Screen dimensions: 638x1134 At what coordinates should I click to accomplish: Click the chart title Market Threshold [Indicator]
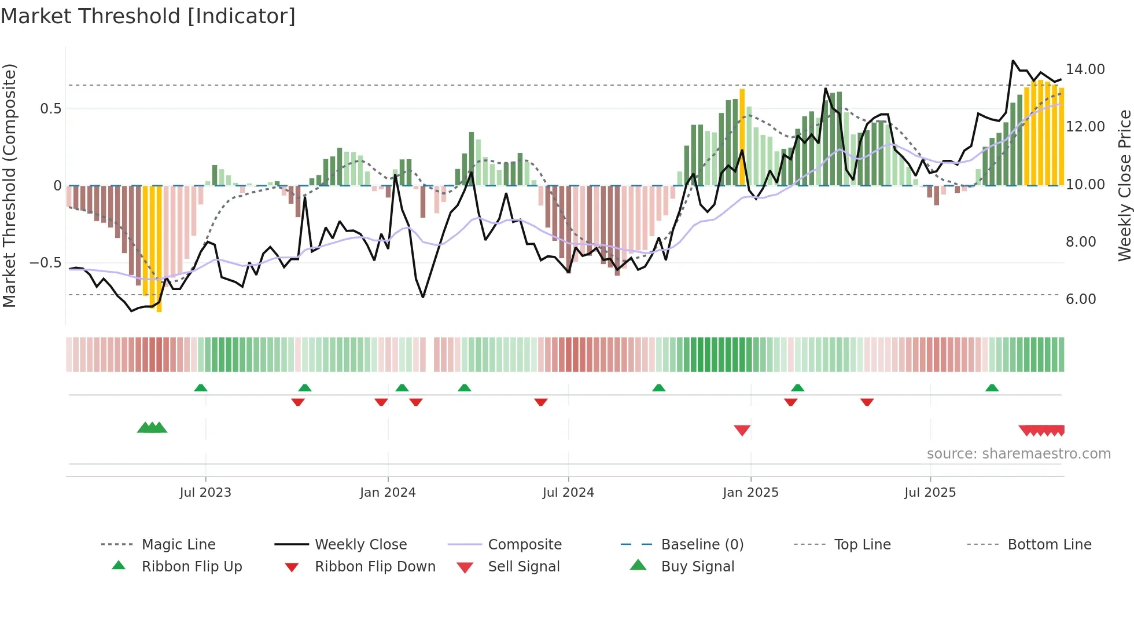148,16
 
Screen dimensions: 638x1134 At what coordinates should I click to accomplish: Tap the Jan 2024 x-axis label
388,493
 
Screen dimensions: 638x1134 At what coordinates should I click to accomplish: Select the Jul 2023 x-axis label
205,493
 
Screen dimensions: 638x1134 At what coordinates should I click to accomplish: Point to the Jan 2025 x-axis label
750,493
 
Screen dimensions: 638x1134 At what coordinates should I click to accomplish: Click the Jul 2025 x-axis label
930,493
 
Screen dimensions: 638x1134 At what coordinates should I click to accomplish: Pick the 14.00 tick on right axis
1085,69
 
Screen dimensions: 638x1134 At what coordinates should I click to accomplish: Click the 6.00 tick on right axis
1080,299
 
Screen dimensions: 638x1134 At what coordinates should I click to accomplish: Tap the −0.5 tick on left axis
45,263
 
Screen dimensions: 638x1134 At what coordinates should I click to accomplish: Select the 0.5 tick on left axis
50,109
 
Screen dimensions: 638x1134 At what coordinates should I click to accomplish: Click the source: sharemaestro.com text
1018,454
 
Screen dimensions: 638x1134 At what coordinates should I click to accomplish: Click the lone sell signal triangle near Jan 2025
742,430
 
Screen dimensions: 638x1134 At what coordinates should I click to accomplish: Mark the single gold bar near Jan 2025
742,137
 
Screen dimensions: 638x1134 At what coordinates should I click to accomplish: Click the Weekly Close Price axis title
1124,185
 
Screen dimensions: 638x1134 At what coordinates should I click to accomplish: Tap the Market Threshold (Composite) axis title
9,185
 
